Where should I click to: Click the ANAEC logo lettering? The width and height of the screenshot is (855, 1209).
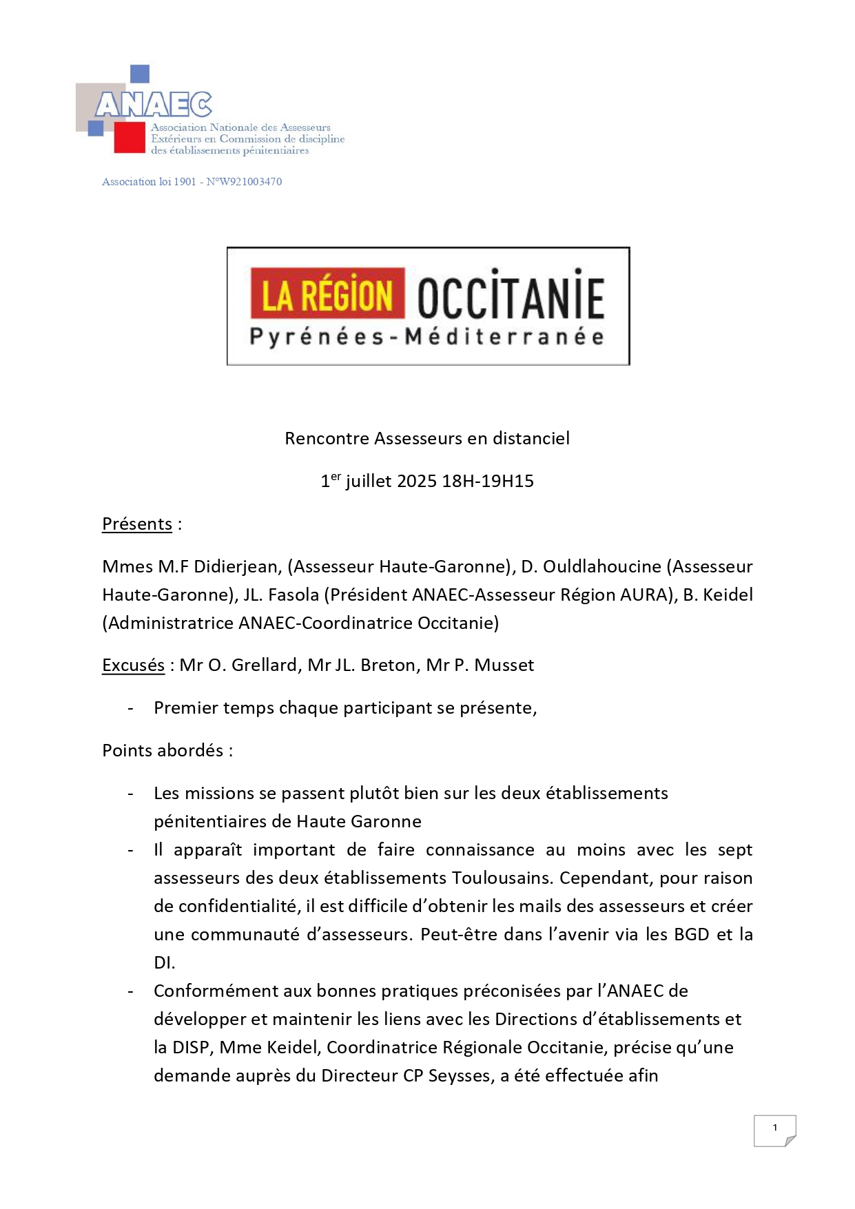click(154, 105)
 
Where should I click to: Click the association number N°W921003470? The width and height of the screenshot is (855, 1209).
click(244, 182)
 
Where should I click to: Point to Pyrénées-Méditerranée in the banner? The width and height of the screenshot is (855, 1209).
click(427, 338)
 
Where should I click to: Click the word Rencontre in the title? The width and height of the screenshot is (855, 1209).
click(327, 439)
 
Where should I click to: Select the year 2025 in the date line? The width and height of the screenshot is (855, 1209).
click(417, 482)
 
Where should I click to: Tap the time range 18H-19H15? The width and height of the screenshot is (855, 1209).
click(488, 482)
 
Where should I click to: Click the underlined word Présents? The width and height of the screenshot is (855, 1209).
click(137, 524)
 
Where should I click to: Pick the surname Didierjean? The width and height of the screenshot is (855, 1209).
click(235, 567)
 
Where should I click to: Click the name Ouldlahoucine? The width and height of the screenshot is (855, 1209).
click(602, 567)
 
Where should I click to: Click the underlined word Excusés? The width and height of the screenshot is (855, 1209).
click(133, 665)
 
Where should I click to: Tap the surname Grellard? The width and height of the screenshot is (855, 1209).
click(264, 665)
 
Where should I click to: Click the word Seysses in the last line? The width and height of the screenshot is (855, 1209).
click(461, 1076)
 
